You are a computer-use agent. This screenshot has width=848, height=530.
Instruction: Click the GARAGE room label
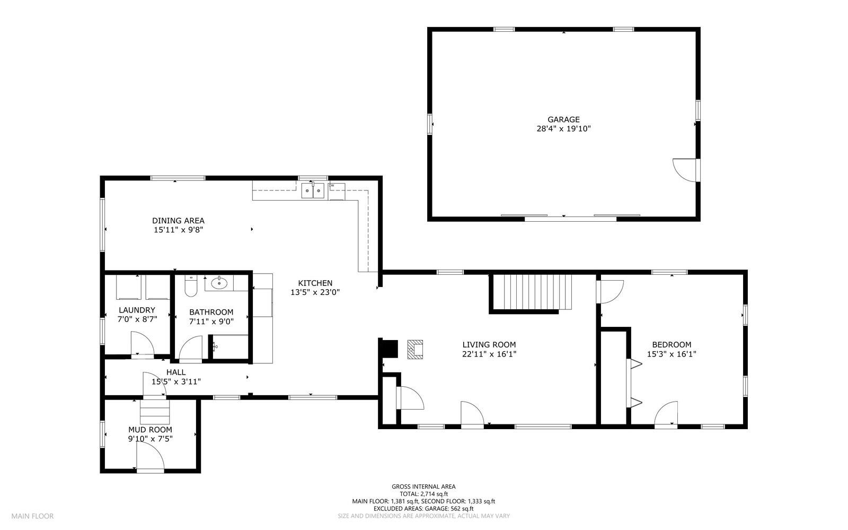point(563,119)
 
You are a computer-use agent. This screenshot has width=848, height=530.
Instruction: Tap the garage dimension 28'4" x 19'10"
point(563,129)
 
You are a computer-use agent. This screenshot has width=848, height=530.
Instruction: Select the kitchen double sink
point(313,190)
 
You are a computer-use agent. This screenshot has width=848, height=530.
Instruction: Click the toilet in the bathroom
point(190,286)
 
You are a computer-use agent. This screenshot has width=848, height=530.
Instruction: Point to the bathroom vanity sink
point(219,284)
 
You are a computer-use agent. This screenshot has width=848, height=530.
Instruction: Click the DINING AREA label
point(178,221)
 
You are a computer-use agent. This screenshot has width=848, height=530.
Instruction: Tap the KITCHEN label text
point(315,283)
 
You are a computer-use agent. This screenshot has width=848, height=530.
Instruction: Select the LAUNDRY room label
point(137,310)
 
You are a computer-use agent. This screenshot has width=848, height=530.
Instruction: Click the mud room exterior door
point(149,458)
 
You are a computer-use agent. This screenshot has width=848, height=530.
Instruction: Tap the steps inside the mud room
point(155,412)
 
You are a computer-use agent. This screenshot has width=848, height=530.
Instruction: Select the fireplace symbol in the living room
point(415,350)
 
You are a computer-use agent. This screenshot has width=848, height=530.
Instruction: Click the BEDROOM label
point(671,344)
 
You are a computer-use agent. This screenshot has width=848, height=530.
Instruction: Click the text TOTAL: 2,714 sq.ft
point(423,493)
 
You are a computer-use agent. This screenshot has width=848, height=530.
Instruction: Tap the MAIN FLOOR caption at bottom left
point(32,516)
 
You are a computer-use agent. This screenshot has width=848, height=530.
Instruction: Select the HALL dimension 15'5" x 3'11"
point(176,381)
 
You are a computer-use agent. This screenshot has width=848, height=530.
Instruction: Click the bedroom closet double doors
point(634,383)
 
